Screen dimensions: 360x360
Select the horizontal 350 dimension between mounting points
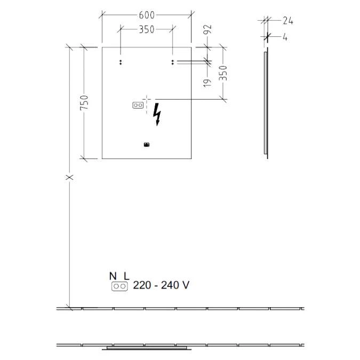pyautogui.click(x=146, y=30)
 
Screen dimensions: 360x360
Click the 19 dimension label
pyautogui.click(x=208, y=82)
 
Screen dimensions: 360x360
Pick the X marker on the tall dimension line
pyautogui.click(x=69, y=177)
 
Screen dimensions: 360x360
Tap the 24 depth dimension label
pyautogui.click(x=287, y=21)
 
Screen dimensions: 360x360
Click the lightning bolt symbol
pyautogui.click(x=157, y=114)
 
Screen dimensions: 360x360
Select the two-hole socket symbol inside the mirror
pyautogui.click(x=138, y=106)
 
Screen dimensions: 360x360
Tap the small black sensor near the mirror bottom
pyautogui.click(x=147, y=144)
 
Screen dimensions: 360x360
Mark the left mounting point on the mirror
pyautogui.click(x=121, y=62)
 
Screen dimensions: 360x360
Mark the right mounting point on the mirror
pyautogui.click(x=172, y=62)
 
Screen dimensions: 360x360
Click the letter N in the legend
pyautogui.click(x=112, y=276)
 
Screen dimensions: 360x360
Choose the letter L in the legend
pyautogui.click(x=126, y=276)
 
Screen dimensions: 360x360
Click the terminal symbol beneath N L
pyautogui.click(x=119, y=286)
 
